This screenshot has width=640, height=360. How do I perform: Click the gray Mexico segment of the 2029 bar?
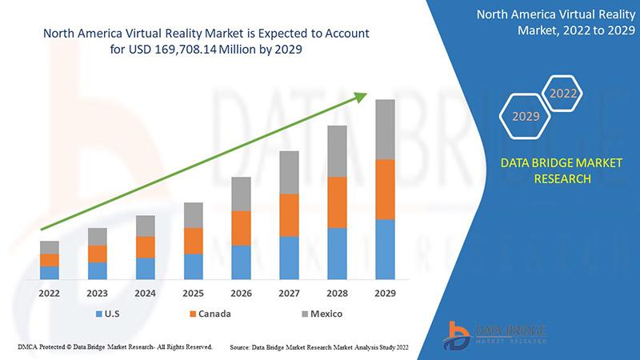pyautogui.click(x=385, y=130)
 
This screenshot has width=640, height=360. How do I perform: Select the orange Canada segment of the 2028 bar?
pyautogui.click(x=337, y=202)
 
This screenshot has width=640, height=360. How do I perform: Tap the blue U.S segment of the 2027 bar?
pyautogui.click(x=289, y=258)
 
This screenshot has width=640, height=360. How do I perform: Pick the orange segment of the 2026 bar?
pyautogui.click(x=241, y=228)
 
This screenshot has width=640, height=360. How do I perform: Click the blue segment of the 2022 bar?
pyautogui.click(x=50, y=272)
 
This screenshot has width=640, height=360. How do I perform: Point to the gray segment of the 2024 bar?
pyautogui.click(x=145, y=226)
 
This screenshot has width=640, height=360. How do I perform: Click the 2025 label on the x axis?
pyautogui.click(x=193, y=293)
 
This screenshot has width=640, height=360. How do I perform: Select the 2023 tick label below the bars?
pyautogui.click(x=98, y=293)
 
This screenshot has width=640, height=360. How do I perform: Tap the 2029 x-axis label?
pyautogui.click(x=385, y=293)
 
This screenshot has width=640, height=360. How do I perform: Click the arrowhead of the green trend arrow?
pyautogui.click(x=361, y=98)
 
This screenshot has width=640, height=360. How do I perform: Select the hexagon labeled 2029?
pyautogui.click(x=526, y=117)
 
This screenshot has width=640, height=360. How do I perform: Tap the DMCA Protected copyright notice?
pyautogui.click(x=114, y=347)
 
